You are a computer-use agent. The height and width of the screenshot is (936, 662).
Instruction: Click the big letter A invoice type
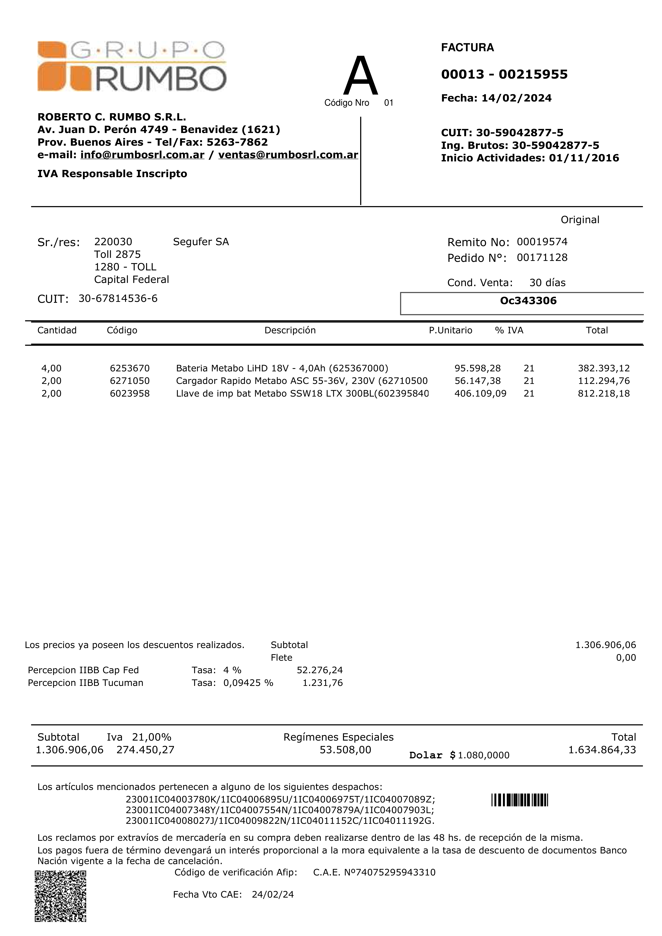point(361,76)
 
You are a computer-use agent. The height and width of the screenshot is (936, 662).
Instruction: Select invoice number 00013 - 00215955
point(504,74)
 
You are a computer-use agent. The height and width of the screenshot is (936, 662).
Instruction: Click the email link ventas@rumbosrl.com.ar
point(288,155)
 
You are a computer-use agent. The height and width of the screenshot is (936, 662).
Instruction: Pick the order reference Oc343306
point(528,301)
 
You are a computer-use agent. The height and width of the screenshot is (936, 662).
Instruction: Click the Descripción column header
point(290,330)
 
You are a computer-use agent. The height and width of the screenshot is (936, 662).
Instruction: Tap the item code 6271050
point(130,381)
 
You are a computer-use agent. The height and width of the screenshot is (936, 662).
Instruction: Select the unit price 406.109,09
point(480,393)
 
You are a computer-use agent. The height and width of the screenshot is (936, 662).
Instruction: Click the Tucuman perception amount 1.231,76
point(322,683)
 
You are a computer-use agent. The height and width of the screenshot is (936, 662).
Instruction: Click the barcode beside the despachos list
point(520,800)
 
